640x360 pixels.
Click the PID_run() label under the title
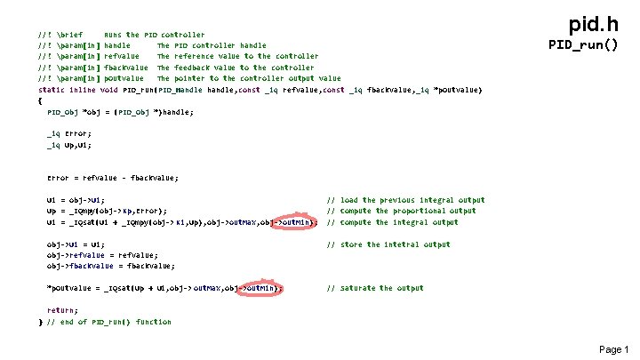pyautogui.click(x=583, y=44)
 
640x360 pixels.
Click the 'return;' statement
pyautogui.click(x=62, y=310)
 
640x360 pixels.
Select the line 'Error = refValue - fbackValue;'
pyautogui.click(x=112, y=178)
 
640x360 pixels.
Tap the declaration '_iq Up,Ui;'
pyautogui.click(x=69, y=144)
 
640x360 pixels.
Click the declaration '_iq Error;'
pyautogui.click(x=69, y=133)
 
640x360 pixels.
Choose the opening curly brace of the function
pyautogui.click(x=41, y=100)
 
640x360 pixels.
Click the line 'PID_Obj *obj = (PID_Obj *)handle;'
pyautogui.click(x=119, y=112)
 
